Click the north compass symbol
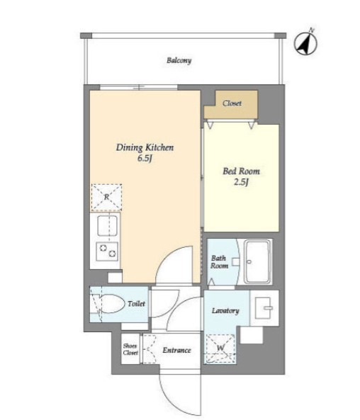point(305,43)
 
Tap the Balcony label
point(179,60)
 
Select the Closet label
point(232,103)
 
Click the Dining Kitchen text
point(145,147)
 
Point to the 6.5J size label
point(145,159)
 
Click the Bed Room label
point(241,171)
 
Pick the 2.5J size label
point(241,183)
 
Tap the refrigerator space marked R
point(106,197)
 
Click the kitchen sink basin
point(107,225)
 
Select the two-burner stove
point(107,251)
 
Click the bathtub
point(258,261)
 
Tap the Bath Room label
point(219,262)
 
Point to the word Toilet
point(136,304)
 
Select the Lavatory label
point(225,311)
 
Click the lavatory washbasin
point(264,308)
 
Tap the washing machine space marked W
point(220,348)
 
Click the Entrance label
point(176,350)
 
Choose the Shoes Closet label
point(130,349)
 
